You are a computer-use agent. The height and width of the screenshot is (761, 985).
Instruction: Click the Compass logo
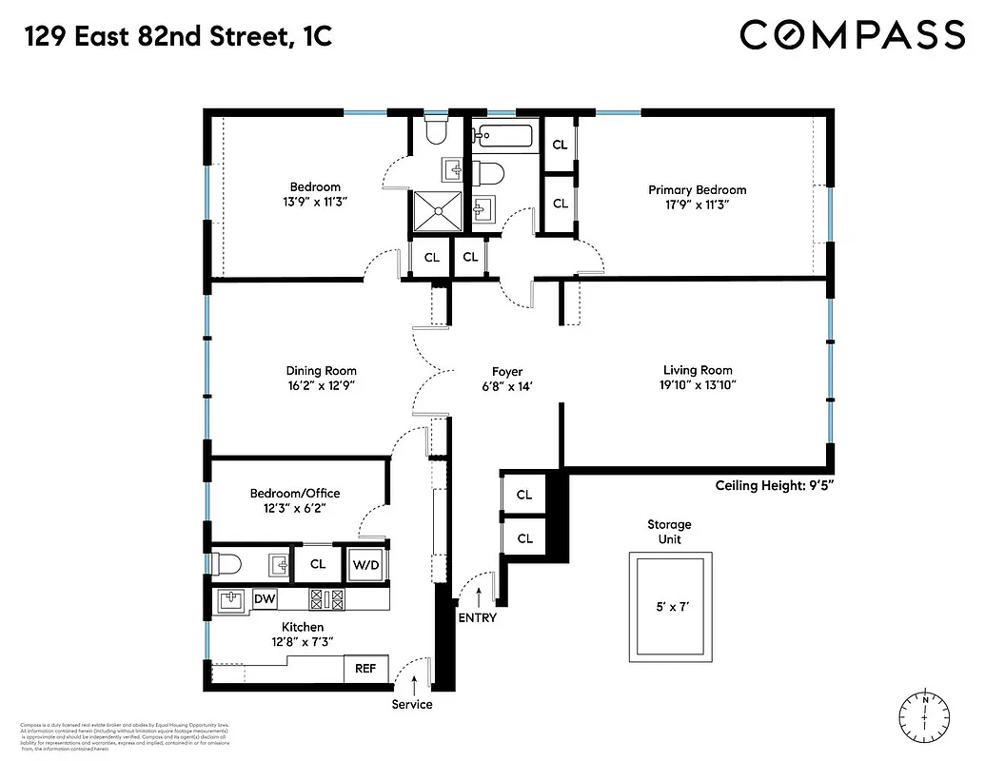(852, 35)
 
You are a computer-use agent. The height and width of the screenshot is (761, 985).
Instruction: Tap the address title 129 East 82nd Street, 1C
(178, 37)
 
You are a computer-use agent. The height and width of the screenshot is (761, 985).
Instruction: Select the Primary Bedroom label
(697, 190)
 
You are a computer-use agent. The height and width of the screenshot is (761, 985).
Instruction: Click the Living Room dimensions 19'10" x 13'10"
(698, 385)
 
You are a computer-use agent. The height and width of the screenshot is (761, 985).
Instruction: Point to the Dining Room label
(321, 371)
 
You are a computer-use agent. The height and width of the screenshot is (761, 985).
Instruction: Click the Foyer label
(506, 371)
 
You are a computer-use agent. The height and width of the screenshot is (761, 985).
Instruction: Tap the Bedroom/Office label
(294, 493)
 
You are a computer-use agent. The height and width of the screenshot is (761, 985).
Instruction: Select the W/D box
(366, 565)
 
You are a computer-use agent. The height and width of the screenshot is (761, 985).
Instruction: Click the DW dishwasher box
(264, 599)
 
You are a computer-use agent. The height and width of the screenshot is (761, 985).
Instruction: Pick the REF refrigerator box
(365, 669)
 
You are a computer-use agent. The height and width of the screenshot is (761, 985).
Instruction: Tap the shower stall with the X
(437, 210)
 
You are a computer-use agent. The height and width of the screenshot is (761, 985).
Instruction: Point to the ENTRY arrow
(478, 595)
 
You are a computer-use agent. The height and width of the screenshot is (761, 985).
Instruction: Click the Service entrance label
(412, 705)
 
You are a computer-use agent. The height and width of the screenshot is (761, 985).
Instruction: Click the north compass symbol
(925, 714)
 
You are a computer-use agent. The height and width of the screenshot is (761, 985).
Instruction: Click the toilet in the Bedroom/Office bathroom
(227, 565)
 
